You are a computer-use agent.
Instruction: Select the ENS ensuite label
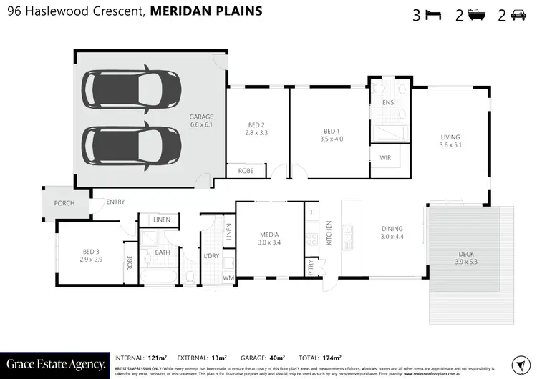[388, 103]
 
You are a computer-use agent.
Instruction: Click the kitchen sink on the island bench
[348, 234]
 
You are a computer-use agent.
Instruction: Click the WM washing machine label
[229, 277]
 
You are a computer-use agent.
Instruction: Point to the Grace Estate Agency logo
[54, 364]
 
